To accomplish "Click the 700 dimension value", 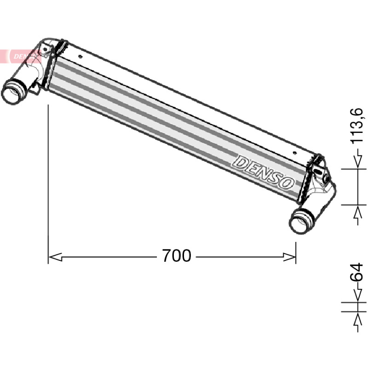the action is [177, 256].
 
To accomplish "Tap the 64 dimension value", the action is [356, 272].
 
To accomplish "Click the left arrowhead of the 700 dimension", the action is [55, 257].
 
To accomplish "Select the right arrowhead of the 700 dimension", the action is [289, 257].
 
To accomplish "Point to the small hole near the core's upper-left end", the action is [80, 56].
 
